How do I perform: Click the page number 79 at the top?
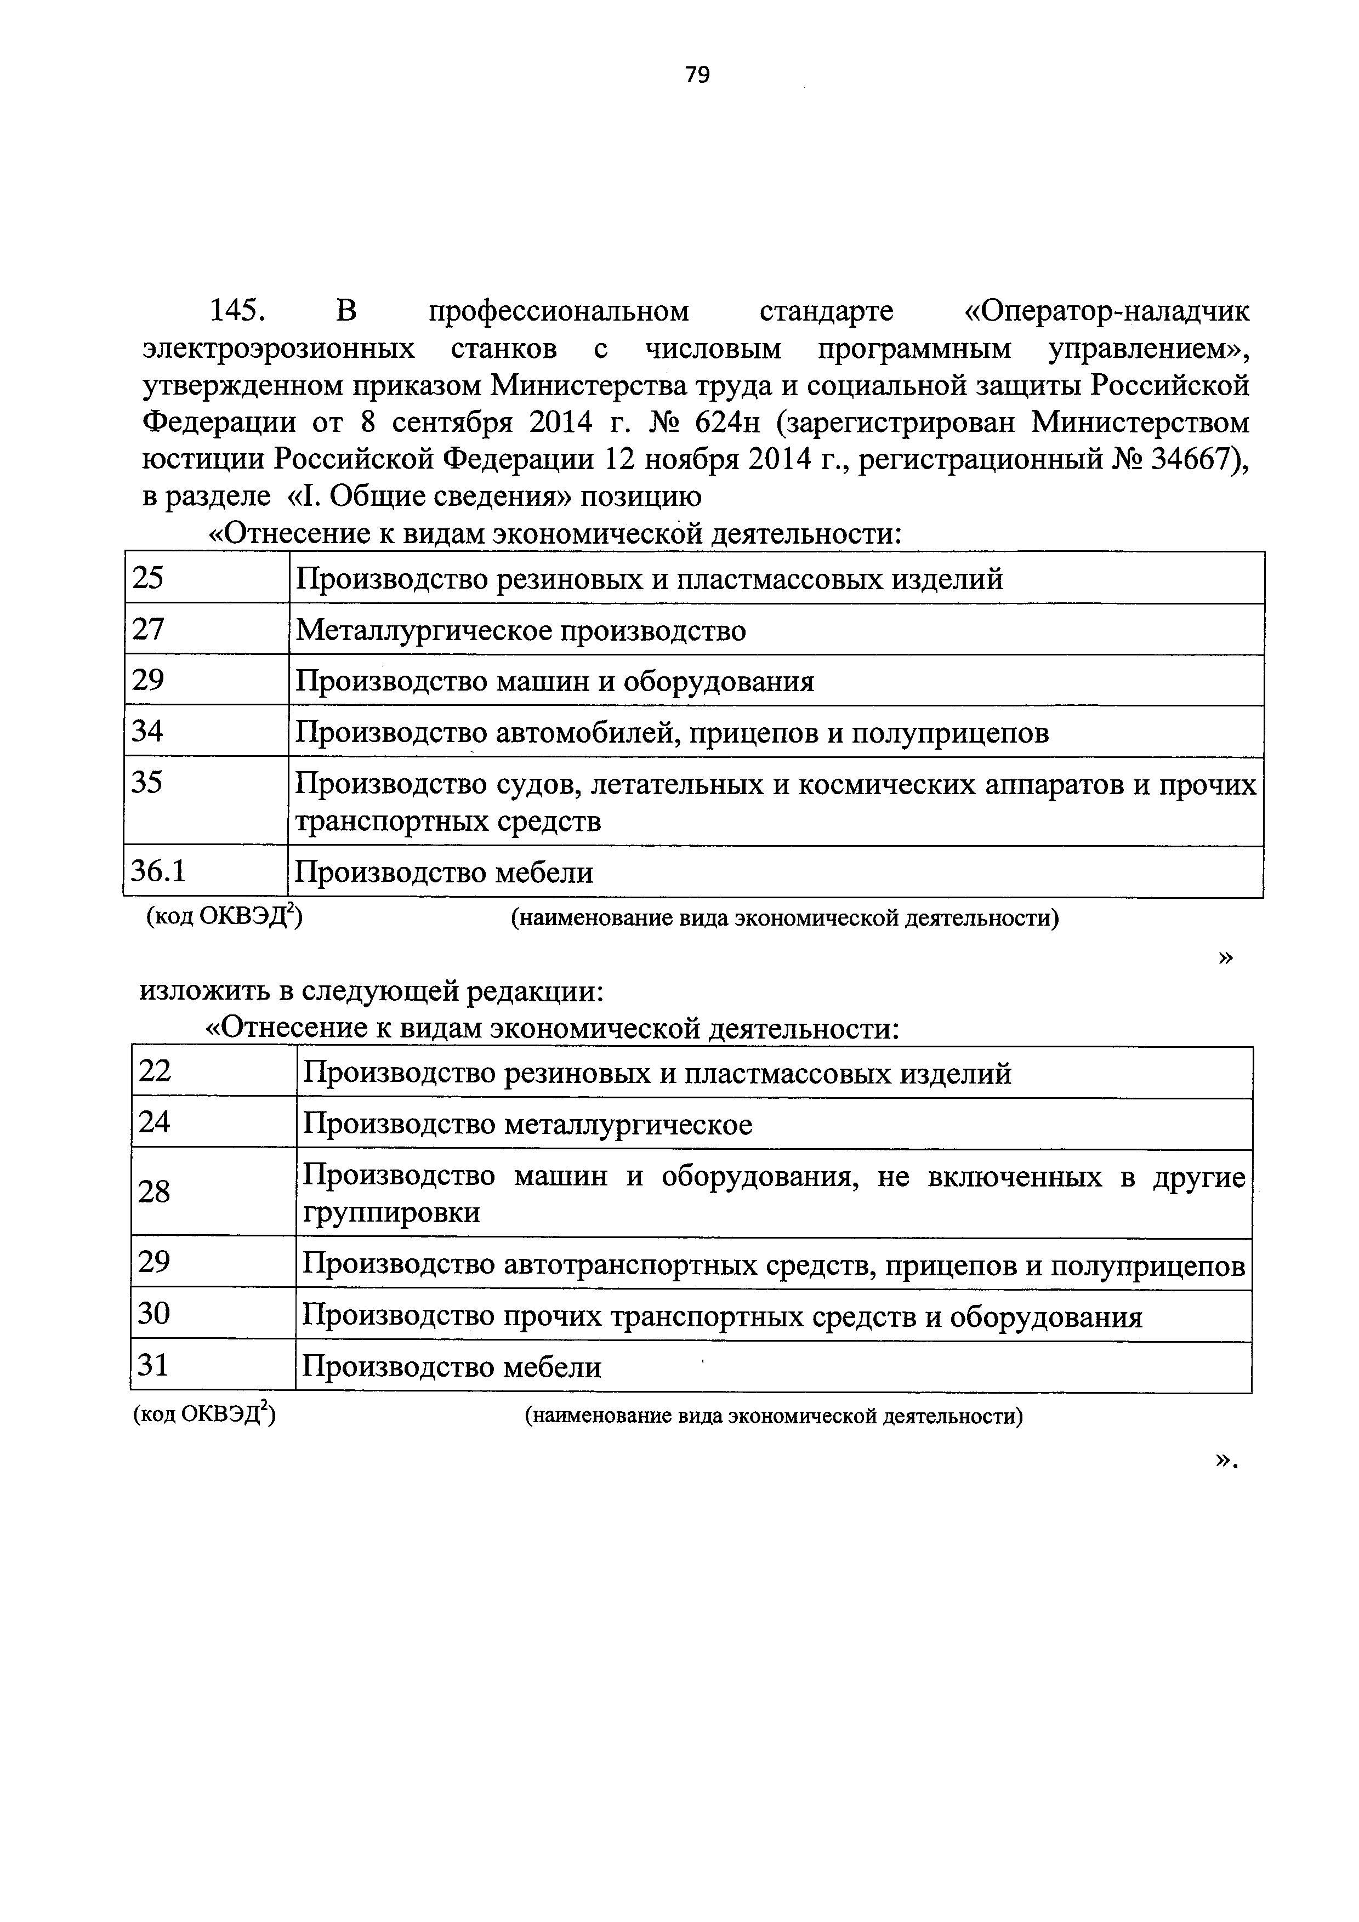pos(697,75)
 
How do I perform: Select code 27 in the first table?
pos(148,629)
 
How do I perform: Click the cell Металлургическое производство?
pos(521,630)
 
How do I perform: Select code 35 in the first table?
pos(148,783)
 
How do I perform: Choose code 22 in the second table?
pos(155,1071)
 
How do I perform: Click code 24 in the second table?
pos(155,1122)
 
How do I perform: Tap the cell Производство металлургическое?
pos(527,1124)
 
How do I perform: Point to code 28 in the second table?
pos(155,1191)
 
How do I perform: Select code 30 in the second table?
pos(155,1314)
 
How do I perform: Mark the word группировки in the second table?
pos(392,1212)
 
